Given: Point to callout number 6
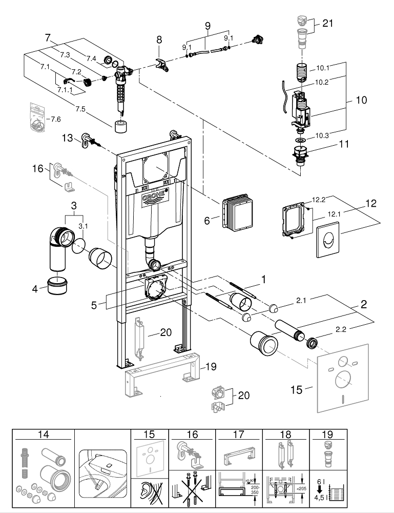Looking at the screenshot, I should tap(207, 220).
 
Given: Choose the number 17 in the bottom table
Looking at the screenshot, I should tap(238, 435).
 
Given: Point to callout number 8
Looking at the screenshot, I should tap(159, 39).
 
